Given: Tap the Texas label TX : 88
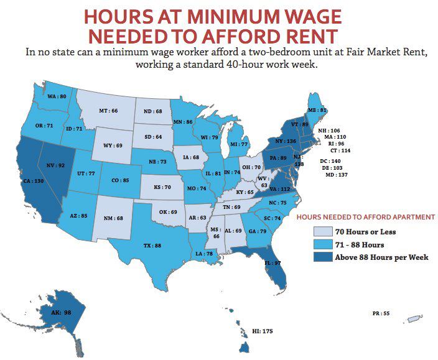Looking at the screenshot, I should click(x=152, y=246).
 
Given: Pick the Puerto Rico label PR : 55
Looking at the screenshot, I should click(x=381, y=314).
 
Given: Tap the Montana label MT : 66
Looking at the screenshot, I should click(x=108, y=111).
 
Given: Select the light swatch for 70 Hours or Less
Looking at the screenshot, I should click(x=321, y=232).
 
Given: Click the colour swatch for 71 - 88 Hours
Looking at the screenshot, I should click(x=321, y=244).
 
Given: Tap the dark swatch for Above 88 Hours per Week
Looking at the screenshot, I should click(x=321, y=257).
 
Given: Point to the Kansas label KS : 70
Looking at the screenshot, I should click(x=162, y=187).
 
